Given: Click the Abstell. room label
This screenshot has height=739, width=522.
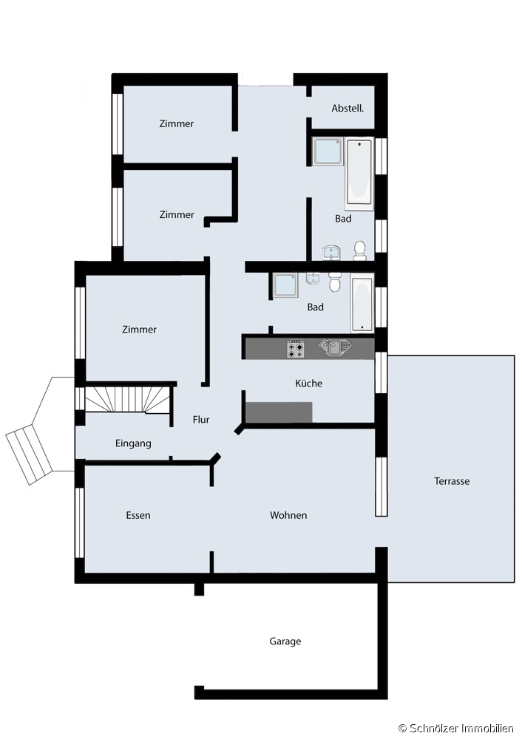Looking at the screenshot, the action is pos(348,109).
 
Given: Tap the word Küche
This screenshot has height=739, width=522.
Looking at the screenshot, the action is pos(309,383).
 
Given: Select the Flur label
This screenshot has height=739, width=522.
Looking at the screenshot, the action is pos(201,420).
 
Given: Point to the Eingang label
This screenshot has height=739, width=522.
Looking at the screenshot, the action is pos(133,443).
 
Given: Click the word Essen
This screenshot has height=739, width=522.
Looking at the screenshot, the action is pos(138,515).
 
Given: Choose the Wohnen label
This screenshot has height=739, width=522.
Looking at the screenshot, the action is pos(288,515).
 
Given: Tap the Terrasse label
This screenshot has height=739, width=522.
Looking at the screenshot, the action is pos(452,481).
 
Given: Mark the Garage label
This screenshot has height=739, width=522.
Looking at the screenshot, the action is pos(285,641).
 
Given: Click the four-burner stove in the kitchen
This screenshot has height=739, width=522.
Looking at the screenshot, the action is pos(296,350).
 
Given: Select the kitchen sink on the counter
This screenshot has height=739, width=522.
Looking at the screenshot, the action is pos(335,348).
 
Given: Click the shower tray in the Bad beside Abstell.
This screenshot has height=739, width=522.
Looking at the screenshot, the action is pos(328,151).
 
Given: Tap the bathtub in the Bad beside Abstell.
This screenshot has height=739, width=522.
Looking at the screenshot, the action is pos(360,174).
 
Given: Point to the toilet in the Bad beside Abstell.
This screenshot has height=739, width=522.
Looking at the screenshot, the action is pos(360,251).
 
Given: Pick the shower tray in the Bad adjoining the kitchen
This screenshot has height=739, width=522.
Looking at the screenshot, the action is pos(285,285).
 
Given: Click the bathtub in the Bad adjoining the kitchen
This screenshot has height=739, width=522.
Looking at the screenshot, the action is pos(362,303).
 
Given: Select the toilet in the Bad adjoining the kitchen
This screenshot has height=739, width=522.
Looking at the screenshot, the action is pos(335,282).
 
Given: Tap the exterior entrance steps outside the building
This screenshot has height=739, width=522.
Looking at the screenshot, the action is pos(30,454).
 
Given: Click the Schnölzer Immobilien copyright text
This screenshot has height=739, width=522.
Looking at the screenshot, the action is pos(456,729).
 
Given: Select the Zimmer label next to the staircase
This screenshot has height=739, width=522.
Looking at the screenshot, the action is pos(139,330).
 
